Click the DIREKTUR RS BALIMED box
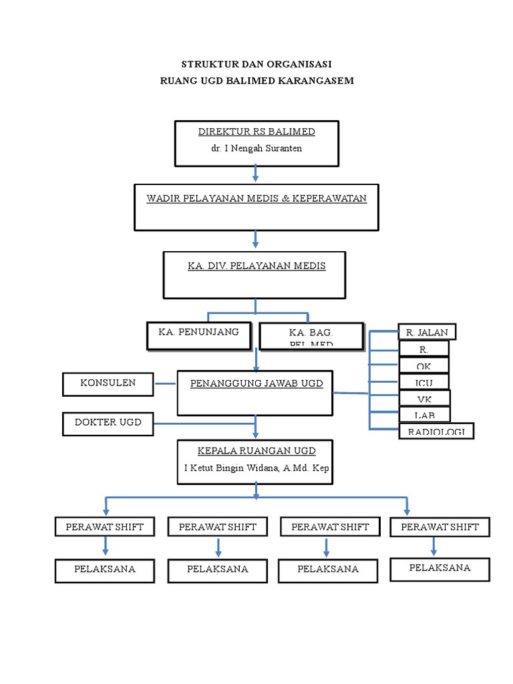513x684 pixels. click(256, 143)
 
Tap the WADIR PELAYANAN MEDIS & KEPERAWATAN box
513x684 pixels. click(256, 206)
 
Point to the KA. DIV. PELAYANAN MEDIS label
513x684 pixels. click(256, 266)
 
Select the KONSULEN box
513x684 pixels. click(108, 383)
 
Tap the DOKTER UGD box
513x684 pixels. click(108, 423)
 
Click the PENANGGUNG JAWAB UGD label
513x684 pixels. click(256, 383)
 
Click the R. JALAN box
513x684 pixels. click(427, 332)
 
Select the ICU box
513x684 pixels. click(424, 383)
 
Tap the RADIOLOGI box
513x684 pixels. click(436, 432)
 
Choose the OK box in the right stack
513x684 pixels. click(424, 366)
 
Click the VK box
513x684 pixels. click(424, 399)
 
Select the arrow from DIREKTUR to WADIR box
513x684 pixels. click(256, 174)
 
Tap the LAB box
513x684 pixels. click(424, 415)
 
